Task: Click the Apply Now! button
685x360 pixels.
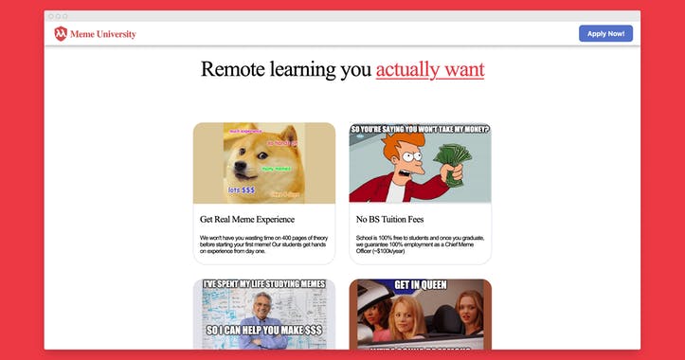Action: click(605, 34)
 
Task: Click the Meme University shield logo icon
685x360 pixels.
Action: click(61, 34)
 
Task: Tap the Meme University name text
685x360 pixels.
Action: click(109, 34)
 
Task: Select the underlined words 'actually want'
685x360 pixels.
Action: click(429, 69)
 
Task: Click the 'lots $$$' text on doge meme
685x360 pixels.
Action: click(242, 189)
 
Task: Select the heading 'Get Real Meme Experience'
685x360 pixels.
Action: click(247, 220)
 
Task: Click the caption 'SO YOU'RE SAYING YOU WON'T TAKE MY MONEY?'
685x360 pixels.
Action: click(420, 130)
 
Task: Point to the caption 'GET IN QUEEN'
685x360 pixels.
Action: click(420, 285)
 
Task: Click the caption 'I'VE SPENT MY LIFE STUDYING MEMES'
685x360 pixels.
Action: click(263, 284)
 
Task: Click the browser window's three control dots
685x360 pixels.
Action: click(58, 16)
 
